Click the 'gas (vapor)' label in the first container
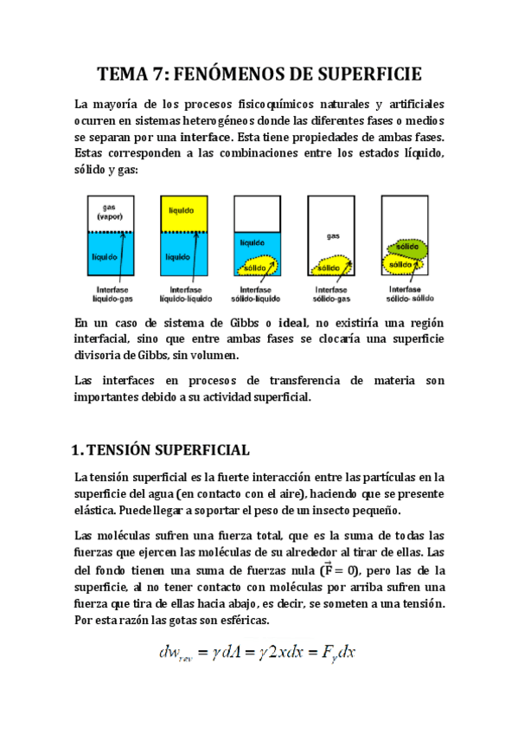pos(109,212)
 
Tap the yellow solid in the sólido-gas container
pos(329,261)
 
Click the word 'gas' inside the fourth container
pos(332,235)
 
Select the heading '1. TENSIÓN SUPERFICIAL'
pos(160,450)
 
